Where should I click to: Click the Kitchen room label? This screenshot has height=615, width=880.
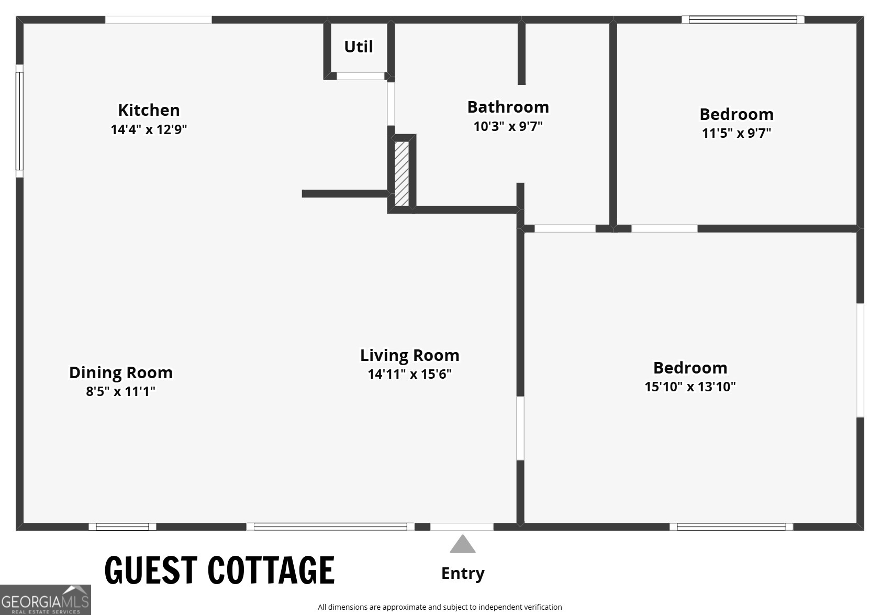[x=149, y=110]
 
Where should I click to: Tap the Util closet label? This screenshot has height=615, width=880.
[x=358, y=47]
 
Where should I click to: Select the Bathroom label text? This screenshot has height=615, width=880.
[x=508, y=107]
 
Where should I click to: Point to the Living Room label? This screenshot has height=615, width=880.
[x=410, y=356]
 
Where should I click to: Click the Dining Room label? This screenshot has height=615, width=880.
[x=121, y=373]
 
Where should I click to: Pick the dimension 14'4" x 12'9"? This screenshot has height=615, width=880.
[x=149, y=129]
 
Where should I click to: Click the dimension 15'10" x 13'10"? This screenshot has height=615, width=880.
[x=690, y=387]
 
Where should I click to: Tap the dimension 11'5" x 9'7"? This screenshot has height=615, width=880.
[x=737, y=133]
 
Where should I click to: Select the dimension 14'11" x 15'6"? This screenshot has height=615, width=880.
[x=409, y=374]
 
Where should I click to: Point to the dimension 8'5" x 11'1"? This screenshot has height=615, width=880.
[x=120, y=391]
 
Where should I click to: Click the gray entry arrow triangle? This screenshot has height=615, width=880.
[x=462, y=544]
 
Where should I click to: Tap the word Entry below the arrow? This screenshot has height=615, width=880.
[x=463, y=574]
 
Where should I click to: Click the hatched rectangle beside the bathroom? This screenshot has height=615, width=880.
[x=402, y=173]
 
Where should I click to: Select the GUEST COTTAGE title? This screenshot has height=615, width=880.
[x=219, y=570]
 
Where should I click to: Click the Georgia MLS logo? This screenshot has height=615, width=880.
[x=45, y=600]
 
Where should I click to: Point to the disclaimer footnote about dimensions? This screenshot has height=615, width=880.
[x=440, y=607]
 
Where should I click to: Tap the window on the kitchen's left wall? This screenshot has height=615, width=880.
[x=20, y=121]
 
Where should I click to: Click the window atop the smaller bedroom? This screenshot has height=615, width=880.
[x=743, y=20]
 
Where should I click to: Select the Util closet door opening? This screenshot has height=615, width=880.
[x=361, y=76]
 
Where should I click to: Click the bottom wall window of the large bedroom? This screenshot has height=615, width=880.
[x=731, y=527]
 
